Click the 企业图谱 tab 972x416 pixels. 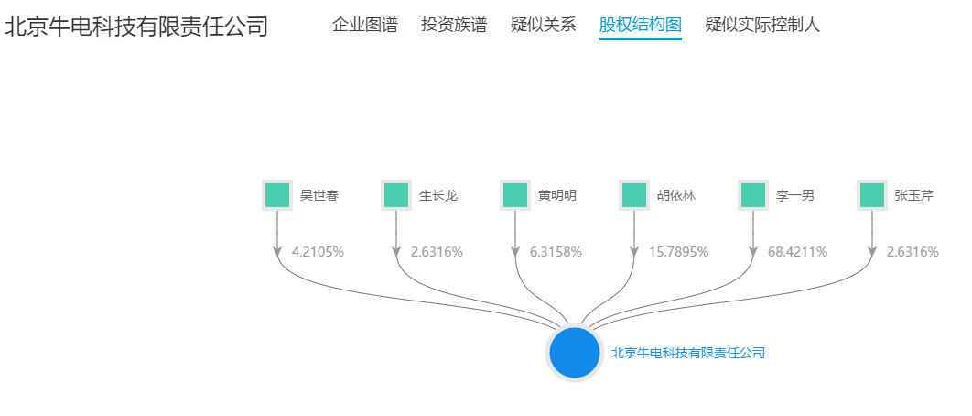click(364, 25)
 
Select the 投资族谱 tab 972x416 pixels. click(454, 25)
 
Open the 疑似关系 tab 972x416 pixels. click(543, 25)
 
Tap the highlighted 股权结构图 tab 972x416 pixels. click(641, 25)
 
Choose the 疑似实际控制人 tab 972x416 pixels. click(762, 25)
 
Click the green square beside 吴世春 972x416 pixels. click(277, 195)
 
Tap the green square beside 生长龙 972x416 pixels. click(396, 195)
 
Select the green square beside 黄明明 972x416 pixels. click(515, 195)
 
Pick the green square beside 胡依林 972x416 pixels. click(634, 195)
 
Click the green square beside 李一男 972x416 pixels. click(753, 195)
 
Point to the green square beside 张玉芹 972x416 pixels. click(872, 195)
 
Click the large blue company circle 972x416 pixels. click(574, 353)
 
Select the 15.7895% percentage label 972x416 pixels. click(678, 251)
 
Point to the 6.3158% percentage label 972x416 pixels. click(556, 251)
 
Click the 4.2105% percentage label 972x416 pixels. click(318, 251)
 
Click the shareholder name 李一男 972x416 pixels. click(795, 195)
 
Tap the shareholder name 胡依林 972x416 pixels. click(676, 195)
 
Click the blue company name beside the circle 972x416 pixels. click(687, 353)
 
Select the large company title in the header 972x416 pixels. click(136, 26)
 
